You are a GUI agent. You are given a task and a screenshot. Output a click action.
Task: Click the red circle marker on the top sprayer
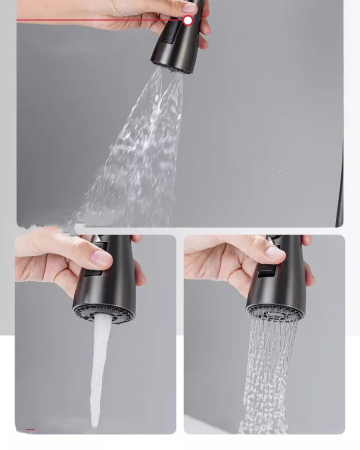point(188,20)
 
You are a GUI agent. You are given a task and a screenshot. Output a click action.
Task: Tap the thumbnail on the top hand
point(189,8)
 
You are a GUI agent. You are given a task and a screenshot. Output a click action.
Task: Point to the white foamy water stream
point(100,360)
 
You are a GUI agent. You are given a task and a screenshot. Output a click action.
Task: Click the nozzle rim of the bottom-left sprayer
point(103,313)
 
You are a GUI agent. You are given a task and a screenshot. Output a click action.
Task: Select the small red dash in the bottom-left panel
point(31,430)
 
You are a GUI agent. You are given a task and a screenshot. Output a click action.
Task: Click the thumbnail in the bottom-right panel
point(275,252)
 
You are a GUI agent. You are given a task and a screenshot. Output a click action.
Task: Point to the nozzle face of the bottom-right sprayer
point(275,311)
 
